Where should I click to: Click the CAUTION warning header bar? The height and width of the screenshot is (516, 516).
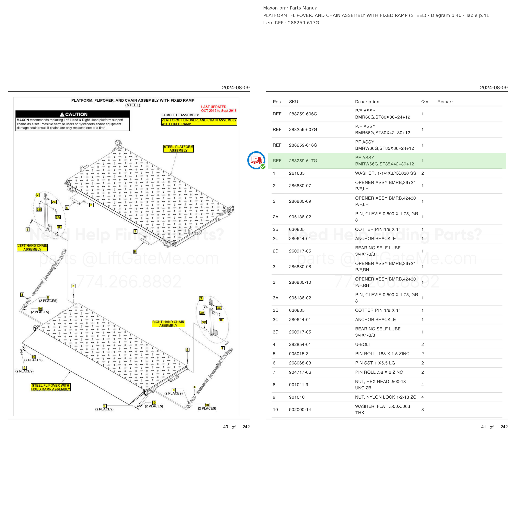click(x=72, y=114)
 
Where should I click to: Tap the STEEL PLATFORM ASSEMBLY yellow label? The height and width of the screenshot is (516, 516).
click(x=178, y=148)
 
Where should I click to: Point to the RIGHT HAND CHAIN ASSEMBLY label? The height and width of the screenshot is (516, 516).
click(x=168, y=323)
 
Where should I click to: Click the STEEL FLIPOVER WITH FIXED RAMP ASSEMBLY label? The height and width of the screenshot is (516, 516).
click(x=51, y=387)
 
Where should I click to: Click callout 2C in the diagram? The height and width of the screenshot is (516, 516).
click(x=54, y=202)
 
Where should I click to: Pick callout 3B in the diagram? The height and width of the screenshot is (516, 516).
click(x=221, y=320)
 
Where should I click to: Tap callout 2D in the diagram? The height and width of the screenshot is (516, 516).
click(x=59, y=227)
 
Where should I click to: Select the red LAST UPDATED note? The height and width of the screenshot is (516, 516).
click(x=219, y=109)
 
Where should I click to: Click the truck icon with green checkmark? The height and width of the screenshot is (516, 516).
click(x=256, y=160)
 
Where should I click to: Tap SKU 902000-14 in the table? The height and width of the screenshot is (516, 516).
click(x=300, y=410)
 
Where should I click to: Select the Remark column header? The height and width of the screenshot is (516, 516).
click(x=445, y=102)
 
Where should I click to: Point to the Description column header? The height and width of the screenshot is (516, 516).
click(x=367, y=102)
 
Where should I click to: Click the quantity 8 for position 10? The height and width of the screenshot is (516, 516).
click(x=423, y=410)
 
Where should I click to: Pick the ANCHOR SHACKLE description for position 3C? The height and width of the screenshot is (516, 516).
click(x=375, y=320)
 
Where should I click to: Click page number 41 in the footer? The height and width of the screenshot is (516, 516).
click(x=483, y=427)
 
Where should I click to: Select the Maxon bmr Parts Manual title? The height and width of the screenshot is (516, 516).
click(x=291, y=8)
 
